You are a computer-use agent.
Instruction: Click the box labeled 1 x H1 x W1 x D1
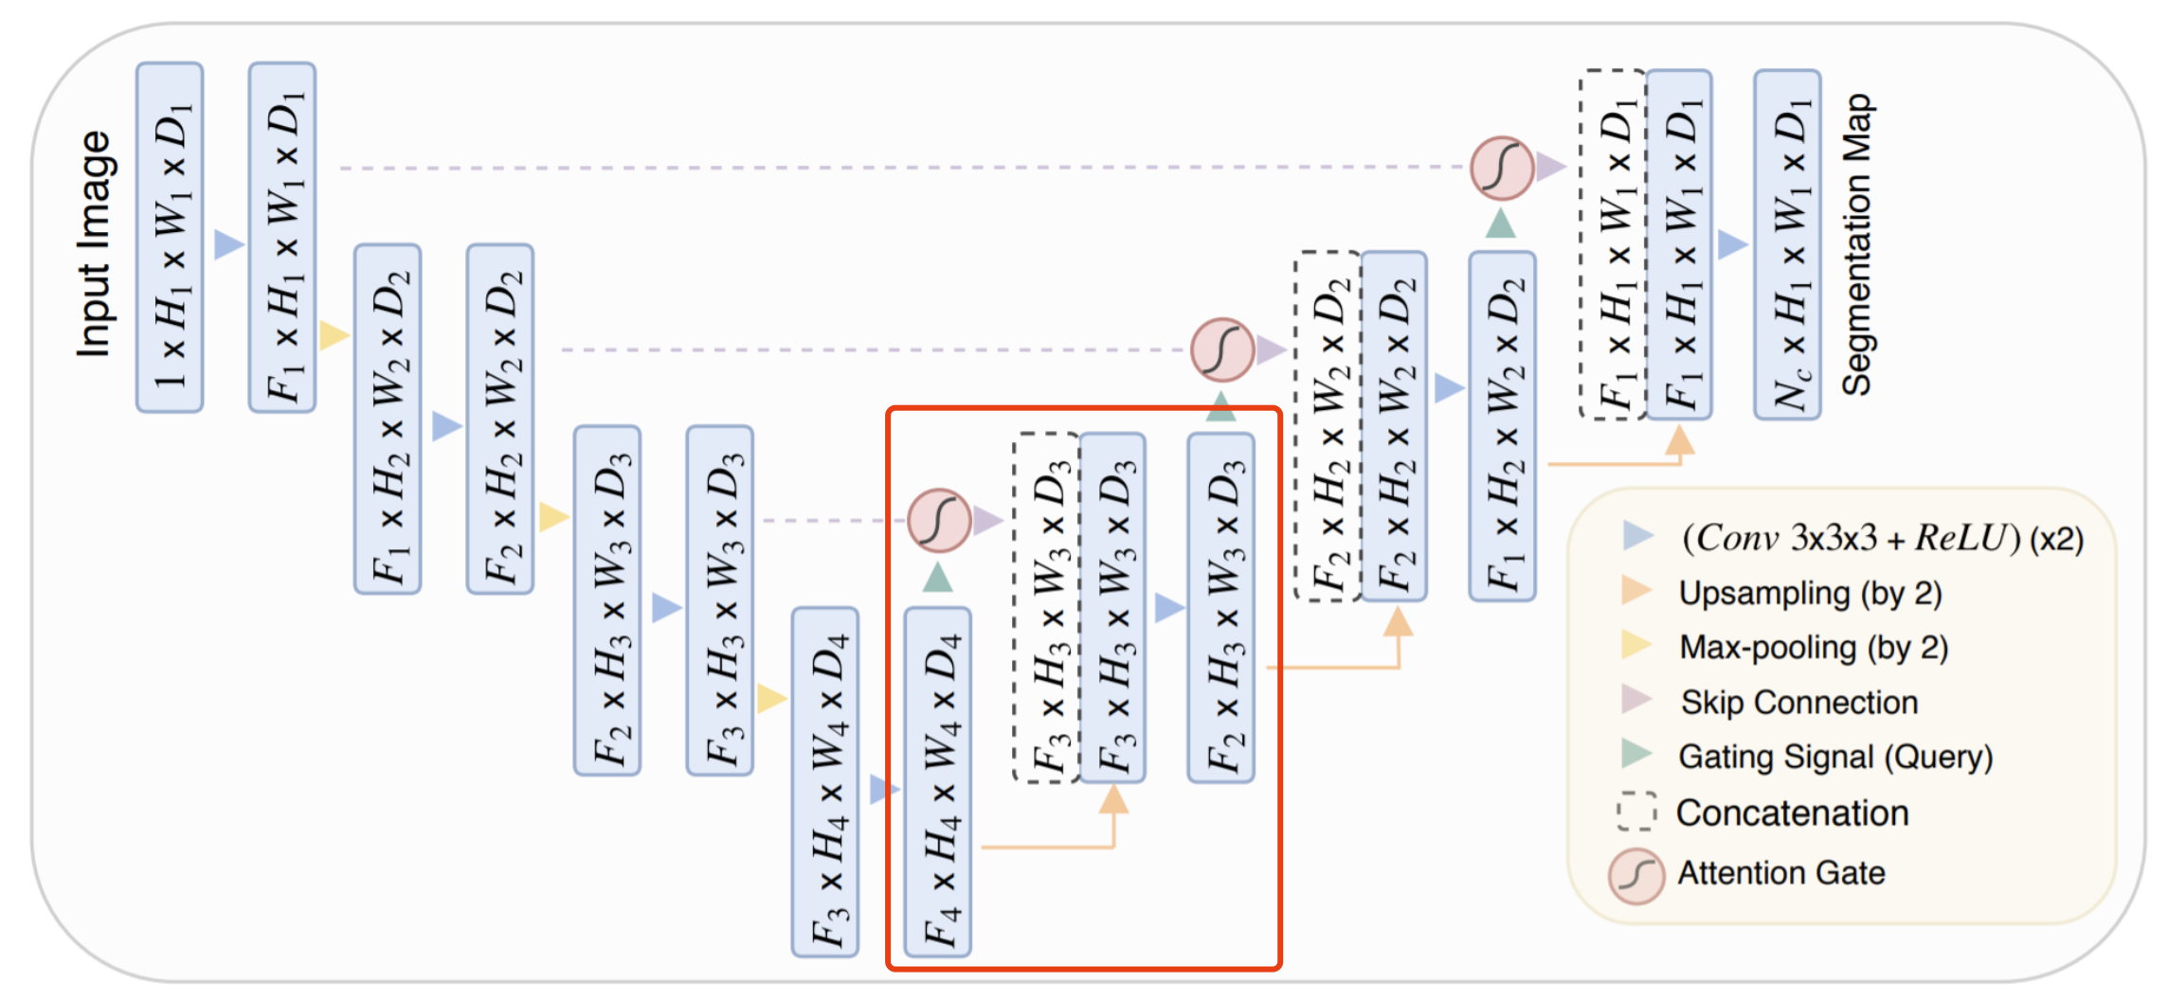pos(170,238)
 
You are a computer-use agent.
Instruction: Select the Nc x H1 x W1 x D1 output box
pos(1787,244)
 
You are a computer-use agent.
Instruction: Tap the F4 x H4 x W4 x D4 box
pos(938,782)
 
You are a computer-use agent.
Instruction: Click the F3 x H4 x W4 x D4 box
pos(825,782)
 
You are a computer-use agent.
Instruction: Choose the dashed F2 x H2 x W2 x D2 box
pos(1328,426)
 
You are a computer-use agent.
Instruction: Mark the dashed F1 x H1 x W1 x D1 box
pos(1613,244)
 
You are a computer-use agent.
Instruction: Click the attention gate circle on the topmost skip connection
pos(1502,168)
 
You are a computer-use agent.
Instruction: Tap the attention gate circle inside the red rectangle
pos(939,520)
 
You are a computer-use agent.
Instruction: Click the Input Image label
pos(95,243)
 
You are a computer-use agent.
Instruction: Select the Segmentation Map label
pos(1857,244)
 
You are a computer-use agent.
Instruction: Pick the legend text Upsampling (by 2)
pos(1810,593)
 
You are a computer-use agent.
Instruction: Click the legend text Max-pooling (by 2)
pos(1814,648)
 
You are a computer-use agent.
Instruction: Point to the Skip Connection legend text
pos(1798,703)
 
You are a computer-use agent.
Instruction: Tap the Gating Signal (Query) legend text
pos(1835,757)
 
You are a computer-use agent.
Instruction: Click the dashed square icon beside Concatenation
pos(1636,812)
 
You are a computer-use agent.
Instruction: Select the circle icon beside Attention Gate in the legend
pos(1636,875)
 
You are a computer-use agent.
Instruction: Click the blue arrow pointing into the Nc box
pos(1732,244)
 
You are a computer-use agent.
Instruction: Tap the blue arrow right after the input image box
pos(227,243)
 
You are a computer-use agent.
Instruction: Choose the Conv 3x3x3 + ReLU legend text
pos(1882,538)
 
